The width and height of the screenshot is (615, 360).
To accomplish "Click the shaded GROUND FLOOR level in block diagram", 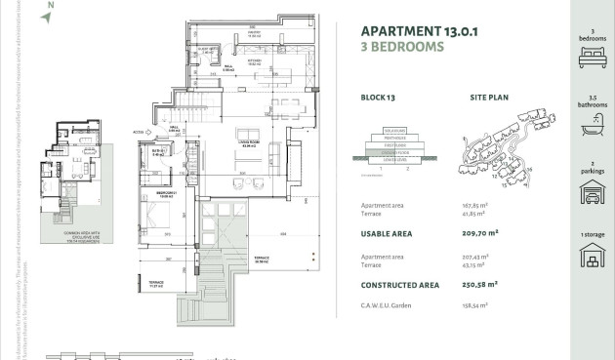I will (394, 153).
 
